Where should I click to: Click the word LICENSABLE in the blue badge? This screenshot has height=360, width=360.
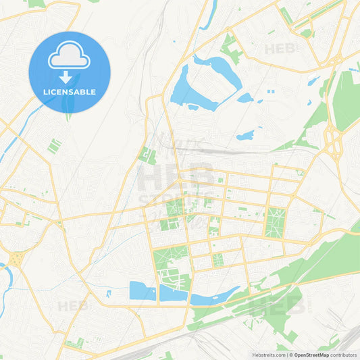[x=70, y=91]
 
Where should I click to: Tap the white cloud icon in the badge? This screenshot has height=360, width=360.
[x=69, y=57]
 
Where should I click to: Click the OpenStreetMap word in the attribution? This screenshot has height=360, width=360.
[x=311, y=355]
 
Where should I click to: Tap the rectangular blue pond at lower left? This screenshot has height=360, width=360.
[x=143, y=290]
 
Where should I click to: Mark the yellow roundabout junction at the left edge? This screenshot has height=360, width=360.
[x=15, y=259]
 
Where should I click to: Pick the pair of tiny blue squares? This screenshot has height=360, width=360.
[x=271, y=91]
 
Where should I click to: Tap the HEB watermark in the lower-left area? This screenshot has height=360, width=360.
[x=72, y=306]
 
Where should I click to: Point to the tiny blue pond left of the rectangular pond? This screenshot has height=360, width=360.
[x=109, y=293]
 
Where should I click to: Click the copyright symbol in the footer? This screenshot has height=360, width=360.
[x=290, y=355]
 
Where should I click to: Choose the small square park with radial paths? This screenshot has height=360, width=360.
[x=217, y=259]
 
